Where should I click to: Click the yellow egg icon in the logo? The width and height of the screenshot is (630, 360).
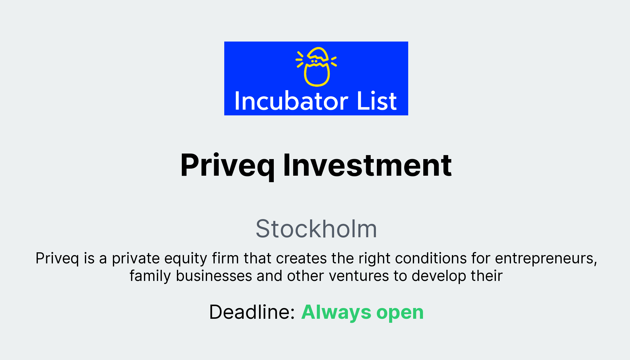pos(317,67)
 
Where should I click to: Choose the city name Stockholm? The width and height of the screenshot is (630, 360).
pos(316,229)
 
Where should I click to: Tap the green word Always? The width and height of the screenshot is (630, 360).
pos(336,312)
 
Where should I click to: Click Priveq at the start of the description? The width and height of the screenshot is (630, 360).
pos(57,258)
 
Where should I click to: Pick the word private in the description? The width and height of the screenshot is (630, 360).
pos(136,258)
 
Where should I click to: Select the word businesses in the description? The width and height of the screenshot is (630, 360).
pos(214,276)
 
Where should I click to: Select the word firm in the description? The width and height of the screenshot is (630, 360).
pos(225,258)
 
